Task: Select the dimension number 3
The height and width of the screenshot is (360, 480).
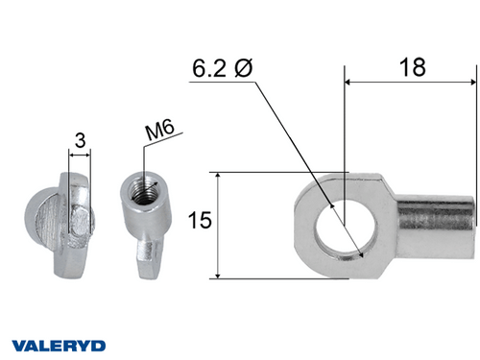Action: (x=80, y=140)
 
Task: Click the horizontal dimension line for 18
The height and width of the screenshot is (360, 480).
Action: (x=411, y=84)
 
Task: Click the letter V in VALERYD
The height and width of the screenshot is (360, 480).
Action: (x=17, y=344)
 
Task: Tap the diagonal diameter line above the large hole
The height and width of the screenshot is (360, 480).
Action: (x=288, y=134)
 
